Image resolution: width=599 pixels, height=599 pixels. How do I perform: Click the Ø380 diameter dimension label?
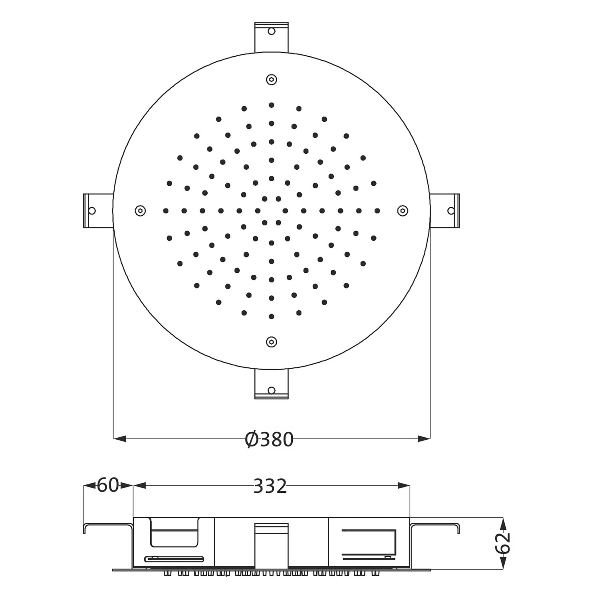coord(269,439)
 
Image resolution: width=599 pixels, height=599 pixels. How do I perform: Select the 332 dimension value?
coord(270,486)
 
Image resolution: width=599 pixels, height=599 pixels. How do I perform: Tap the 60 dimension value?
coord(108,485)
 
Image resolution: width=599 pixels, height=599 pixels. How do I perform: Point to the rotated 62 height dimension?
coord(505,542)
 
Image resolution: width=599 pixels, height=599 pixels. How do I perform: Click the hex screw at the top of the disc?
coord(272,79)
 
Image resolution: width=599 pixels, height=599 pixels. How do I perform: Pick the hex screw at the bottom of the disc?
coord(272,342)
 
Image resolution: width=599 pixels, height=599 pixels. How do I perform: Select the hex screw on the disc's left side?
coord(140,210)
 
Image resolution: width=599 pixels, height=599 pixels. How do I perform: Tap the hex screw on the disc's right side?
coord(403,210)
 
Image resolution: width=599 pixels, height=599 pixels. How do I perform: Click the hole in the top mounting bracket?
coord(272,31)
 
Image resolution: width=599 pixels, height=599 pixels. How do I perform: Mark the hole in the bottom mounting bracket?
coord(272,390)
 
